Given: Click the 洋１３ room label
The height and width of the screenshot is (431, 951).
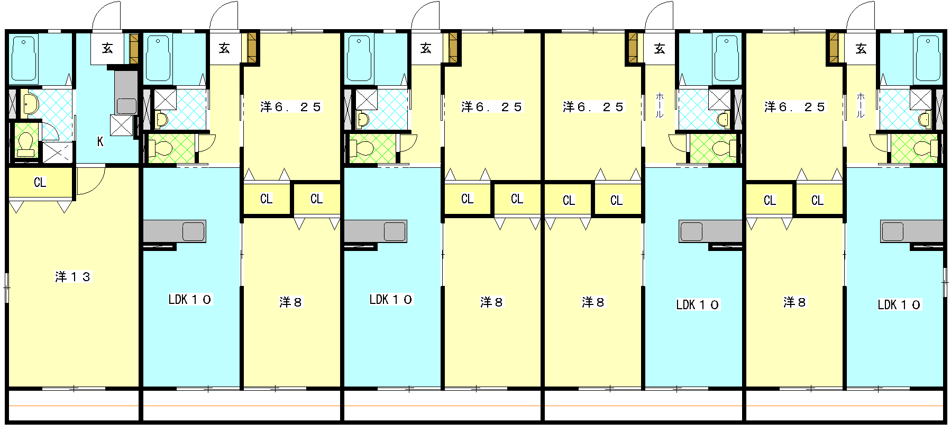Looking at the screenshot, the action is tap(73, 276).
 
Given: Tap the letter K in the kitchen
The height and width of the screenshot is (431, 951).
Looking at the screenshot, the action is tap(100, 141).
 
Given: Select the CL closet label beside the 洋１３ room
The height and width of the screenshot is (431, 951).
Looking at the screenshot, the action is tap(40, 183).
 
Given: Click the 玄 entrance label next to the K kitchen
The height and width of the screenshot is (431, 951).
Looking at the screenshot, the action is tap(107, 49).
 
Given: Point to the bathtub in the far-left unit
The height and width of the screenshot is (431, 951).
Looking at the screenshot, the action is tap(24, 58).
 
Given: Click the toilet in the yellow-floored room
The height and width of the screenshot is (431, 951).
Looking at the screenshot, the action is tap(25, 143).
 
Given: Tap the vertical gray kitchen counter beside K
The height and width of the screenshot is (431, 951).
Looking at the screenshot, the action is tap(126, 92).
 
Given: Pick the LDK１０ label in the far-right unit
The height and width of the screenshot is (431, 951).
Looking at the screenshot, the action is tap(899, 304).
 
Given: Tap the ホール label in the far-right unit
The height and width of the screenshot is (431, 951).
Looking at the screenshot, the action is tap(861, 105).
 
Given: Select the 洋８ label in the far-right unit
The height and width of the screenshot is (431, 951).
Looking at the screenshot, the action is tap(794, 302).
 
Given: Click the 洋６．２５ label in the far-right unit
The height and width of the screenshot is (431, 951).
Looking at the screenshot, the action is tap(794, 107).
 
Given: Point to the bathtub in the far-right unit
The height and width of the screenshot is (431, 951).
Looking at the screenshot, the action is tap(928, 58).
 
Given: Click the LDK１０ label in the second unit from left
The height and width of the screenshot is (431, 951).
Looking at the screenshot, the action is tap(190, 299).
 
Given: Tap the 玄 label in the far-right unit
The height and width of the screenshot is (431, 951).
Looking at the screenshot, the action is tap(861, 49).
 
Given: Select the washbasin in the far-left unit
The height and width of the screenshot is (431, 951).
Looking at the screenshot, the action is tap(30, 104).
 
